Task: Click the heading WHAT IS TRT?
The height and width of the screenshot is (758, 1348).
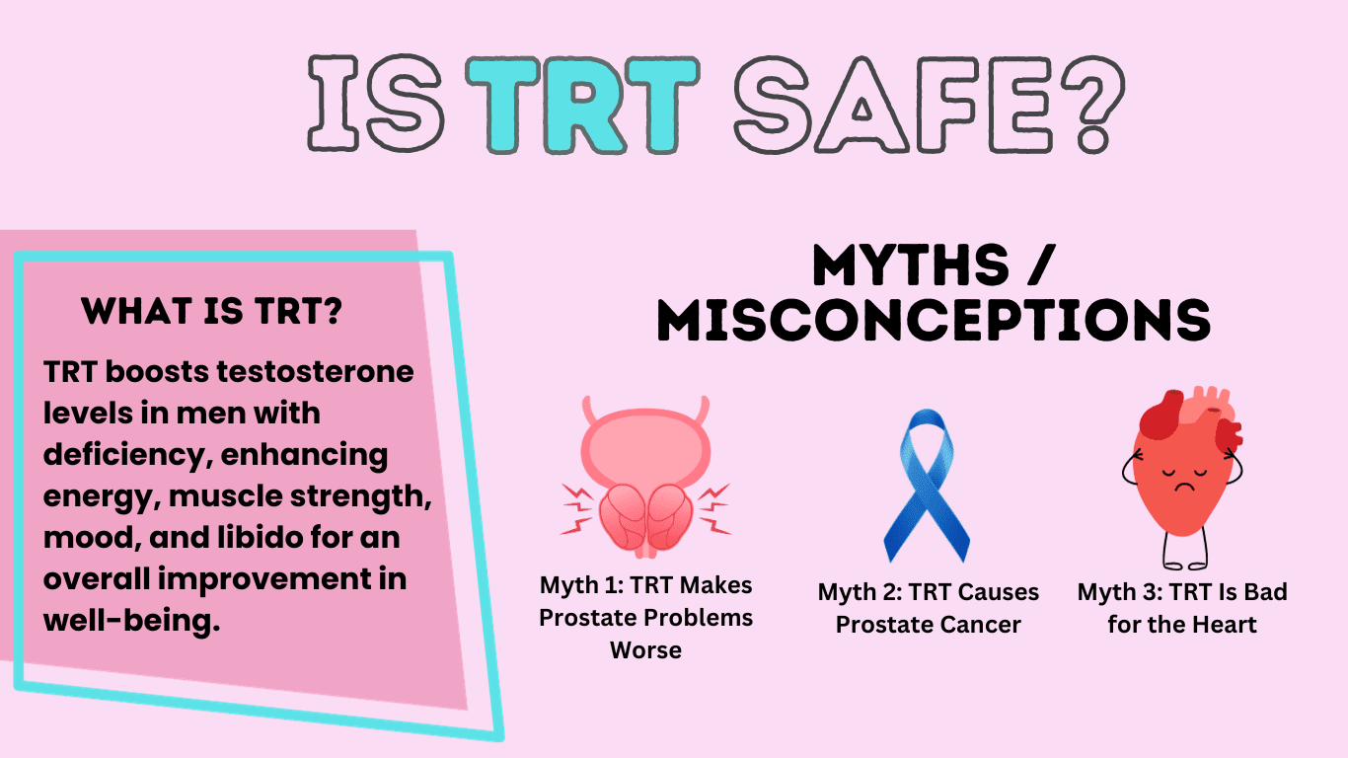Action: (x=212, y=312)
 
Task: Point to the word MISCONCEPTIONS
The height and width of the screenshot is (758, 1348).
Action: (x=934, y=320)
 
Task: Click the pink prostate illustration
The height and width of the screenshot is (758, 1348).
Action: (x=646, y=479)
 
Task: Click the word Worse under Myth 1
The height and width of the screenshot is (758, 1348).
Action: (x=645, y=650)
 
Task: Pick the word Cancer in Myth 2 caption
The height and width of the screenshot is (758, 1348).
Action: (x=980, y=625)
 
